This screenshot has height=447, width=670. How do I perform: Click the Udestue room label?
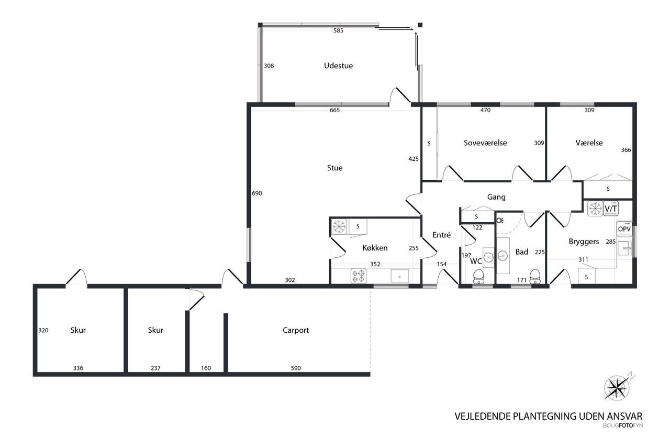tap(338, 66)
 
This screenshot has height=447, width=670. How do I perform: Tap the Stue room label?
tap(334, 168)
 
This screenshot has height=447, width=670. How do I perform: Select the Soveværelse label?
tap(485, 143)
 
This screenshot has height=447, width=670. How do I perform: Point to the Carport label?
tap(296, 330)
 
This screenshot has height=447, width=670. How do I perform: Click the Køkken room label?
tap(375, 248)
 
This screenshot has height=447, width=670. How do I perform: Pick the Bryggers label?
tap(584, 242)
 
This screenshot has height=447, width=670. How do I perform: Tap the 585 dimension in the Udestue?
tap(338, 30)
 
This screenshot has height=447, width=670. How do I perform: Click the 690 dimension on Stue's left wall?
tap(256, 193)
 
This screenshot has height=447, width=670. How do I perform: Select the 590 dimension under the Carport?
tap(296, 368)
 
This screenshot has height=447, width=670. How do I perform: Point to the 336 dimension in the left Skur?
tap(78, 368)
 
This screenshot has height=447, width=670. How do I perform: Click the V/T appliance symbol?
tap(611, 209)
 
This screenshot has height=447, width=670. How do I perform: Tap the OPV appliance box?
tap(624, 229)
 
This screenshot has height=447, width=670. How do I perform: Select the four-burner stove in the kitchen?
tap(359, 276)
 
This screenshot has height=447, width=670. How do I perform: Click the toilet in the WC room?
tap(478, 276)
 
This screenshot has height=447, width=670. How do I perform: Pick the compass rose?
tap(617, 388)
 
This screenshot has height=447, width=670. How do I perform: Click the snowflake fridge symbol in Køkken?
tap(339, 226)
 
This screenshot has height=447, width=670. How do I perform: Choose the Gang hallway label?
tap(496, 197)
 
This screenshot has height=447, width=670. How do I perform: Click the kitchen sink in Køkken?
tap(399, 276)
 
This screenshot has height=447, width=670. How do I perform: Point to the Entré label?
tap(441, 235)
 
